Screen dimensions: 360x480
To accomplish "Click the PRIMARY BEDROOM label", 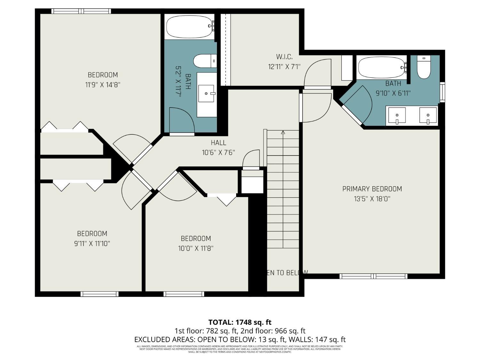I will point(372,189).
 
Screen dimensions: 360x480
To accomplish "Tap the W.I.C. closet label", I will point(284,57).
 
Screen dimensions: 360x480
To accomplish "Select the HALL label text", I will point(218,143).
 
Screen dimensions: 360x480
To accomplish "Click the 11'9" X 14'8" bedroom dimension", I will point(103,85).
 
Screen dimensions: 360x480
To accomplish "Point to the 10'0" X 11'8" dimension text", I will point(196,248).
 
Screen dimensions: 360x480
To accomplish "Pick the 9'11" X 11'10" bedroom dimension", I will point(92,244).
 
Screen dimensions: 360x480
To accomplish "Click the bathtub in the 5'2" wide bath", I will point(189,27).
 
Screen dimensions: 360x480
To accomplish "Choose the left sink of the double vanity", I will point(397,116).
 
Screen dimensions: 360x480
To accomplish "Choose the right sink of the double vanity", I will point(428,116).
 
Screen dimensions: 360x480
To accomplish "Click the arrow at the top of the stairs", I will point(283,132).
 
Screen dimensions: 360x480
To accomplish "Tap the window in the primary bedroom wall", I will point(373,276).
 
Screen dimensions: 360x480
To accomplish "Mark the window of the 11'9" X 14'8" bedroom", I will point(81,11).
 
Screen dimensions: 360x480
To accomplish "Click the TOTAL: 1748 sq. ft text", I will point(240,322).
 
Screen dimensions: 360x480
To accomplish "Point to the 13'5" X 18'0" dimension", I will point(372,199).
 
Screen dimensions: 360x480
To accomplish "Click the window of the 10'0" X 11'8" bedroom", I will point(184,294).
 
